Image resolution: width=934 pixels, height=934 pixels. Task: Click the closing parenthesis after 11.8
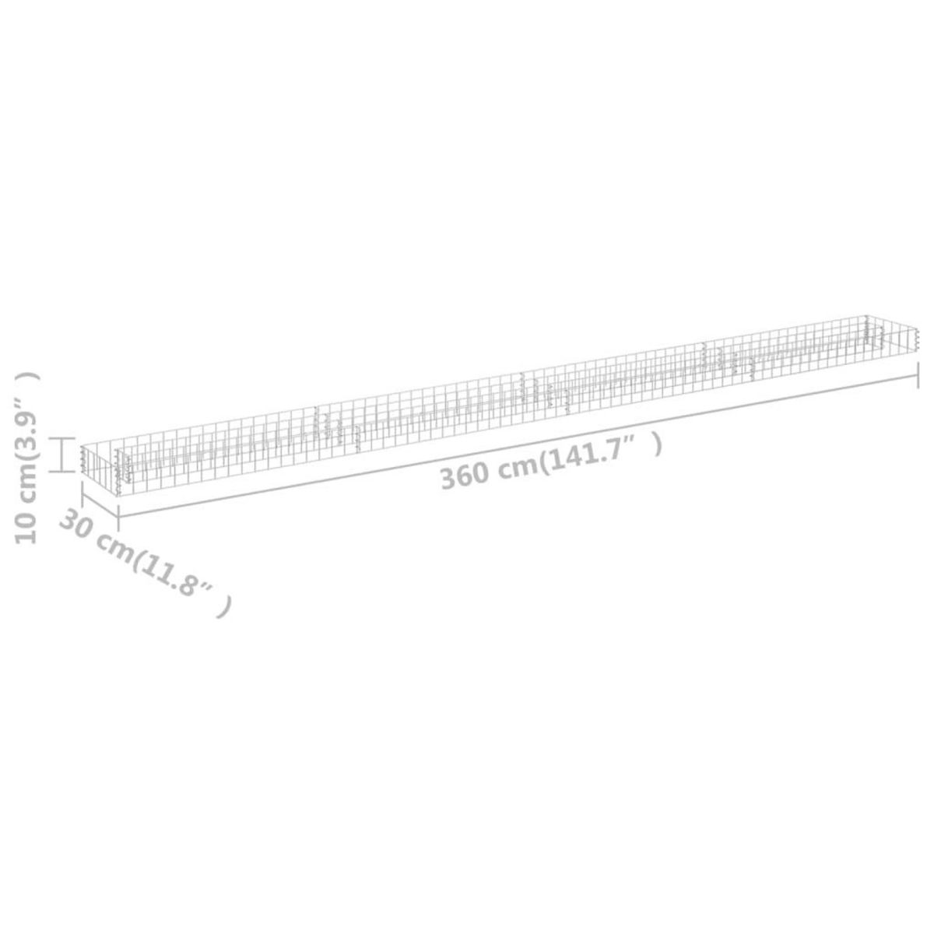coord(225,606)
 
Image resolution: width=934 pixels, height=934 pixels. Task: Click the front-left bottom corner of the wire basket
coord(118,494)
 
